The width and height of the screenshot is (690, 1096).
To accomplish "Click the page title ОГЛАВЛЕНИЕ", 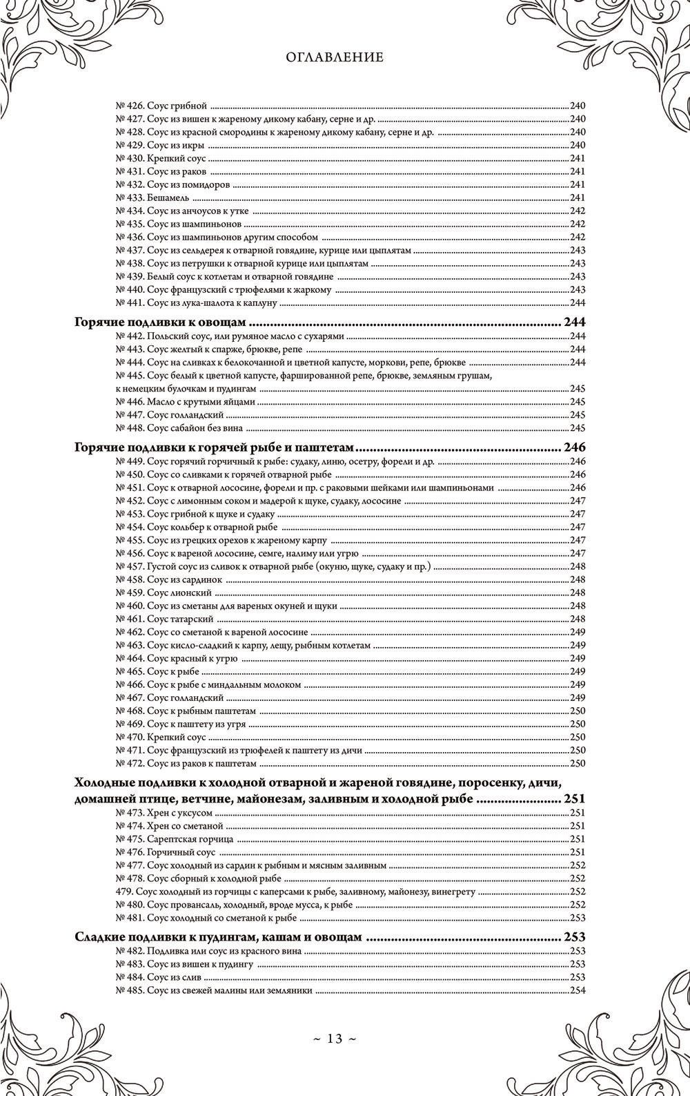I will (x=335, y=58).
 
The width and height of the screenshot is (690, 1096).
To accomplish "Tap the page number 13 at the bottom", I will (x=335, y=1039).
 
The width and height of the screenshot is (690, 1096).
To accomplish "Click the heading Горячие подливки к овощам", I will (x=160, y=323).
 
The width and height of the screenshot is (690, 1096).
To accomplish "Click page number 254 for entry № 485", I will (x=578, y=990).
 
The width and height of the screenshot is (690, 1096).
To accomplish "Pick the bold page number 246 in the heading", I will (x=575, y=447).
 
